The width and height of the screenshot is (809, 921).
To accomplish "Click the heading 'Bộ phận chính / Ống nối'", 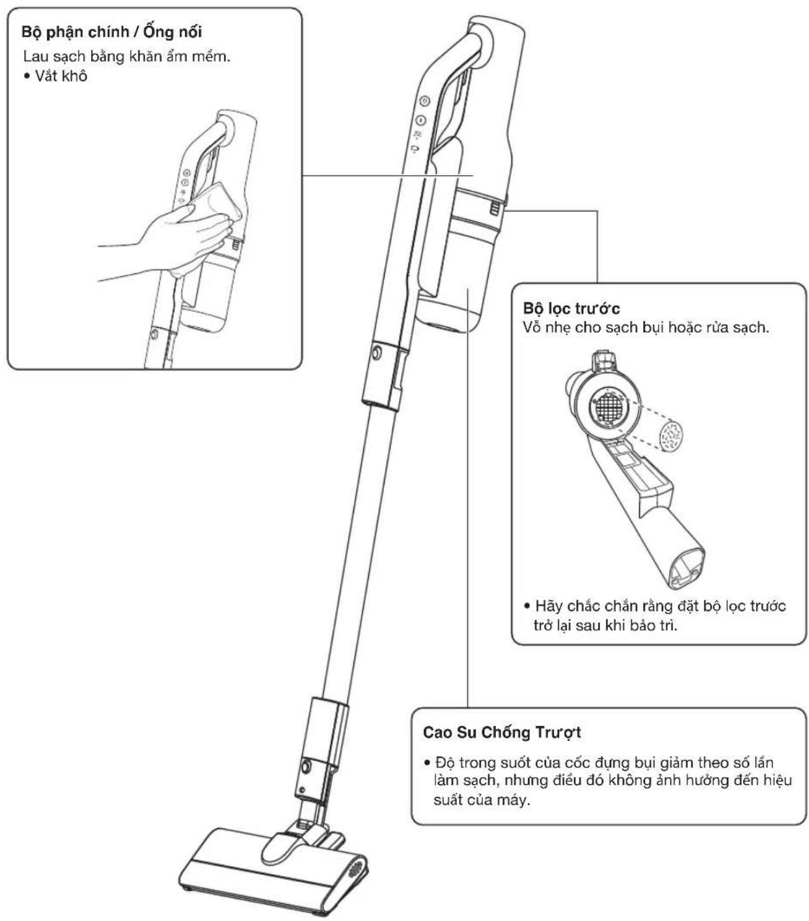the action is (x=111, y=32).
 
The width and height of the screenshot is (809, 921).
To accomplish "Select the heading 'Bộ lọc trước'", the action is (x=571, y=309).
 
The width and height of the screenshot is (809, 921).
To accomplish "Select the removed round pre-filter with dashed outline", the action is (x=671, y=436).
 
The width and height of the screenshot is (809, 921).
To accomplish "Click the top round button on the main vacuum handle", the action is (x=424, y=101).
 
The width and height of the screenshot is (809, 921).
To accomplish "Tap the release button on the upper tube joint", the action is (x=376, y=352).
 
